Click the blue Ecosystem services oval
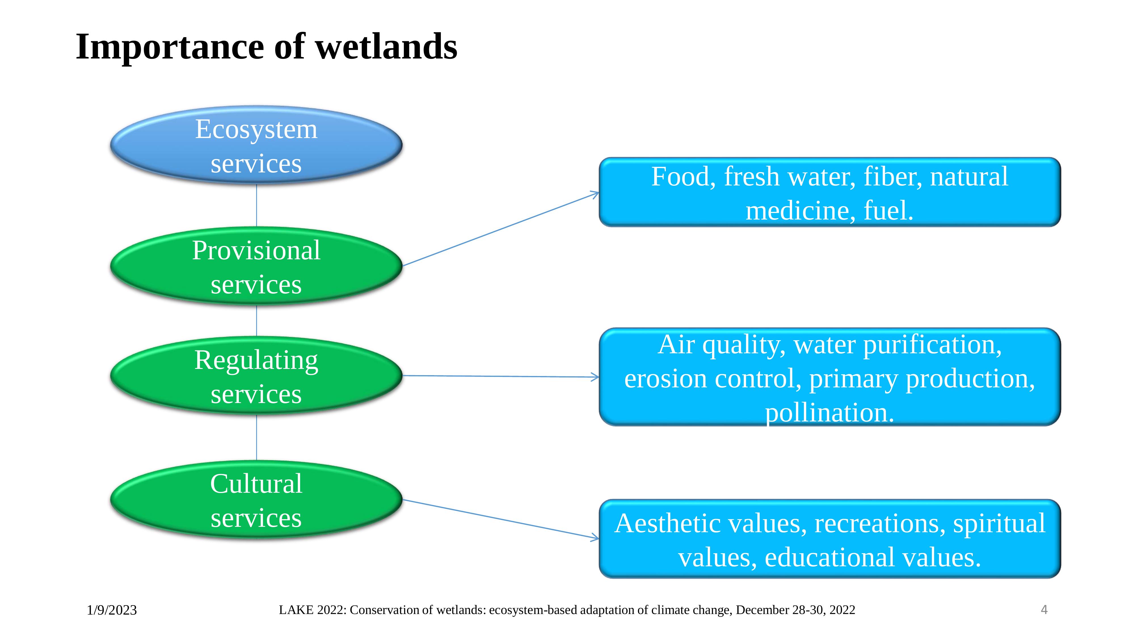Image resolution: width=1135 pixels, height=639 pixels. tap(256, 145)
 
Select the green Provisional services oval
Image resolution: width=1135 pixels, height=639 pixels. tap(256, 266)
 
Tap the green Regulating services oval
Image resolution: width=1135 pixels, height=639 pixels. tap(256, 376)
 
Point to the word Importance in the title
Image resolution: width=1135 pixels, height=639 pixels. tap(170, 47)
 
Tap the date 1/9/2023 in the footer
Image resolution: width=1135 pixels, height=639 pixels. tap(112, 610)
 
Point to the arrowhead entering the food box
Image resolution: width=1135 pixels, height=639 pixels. tap(596, 194)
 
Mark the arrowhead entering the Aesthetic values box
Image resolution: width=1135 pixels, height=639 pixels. tap(596, 538)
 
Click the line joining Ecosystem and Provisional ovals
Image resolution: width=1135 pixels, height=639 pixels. tap(256, 206)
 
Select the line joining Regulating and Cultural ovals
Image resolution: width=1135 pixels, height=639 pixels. tap(256, 438)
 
